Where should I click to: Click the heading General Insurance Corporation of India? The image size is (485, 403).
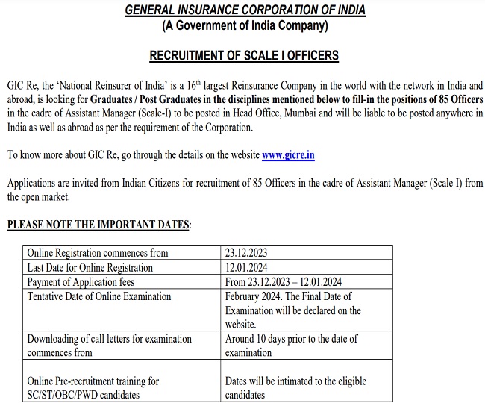tap(244, 11)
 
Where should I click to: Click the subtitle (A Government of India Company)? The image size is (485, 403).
tap(244, 26)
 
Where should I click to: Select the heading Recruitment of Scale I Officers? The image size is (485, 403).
tap(244, 56)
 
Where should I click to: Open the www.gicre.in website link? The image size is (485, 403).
tap(288, 155)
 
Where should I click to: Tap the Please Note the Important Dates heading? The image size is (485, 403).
tap(98, 225)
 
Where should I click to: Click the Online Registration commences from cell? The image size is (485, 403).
tap(98, 253)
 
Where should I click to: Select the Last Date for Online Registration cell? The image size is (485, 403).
tap(90, 267)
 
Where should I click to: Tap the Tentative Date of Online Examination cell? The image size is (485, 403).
tap(99, 296)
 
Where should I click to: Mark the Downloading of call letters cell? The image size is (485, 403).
tap(109, 339)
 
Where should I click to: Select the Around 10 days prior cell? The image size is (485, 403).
tap(291, 346)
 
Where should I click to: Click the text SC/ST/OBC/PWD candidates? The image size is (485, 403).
tap(83, 395)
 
